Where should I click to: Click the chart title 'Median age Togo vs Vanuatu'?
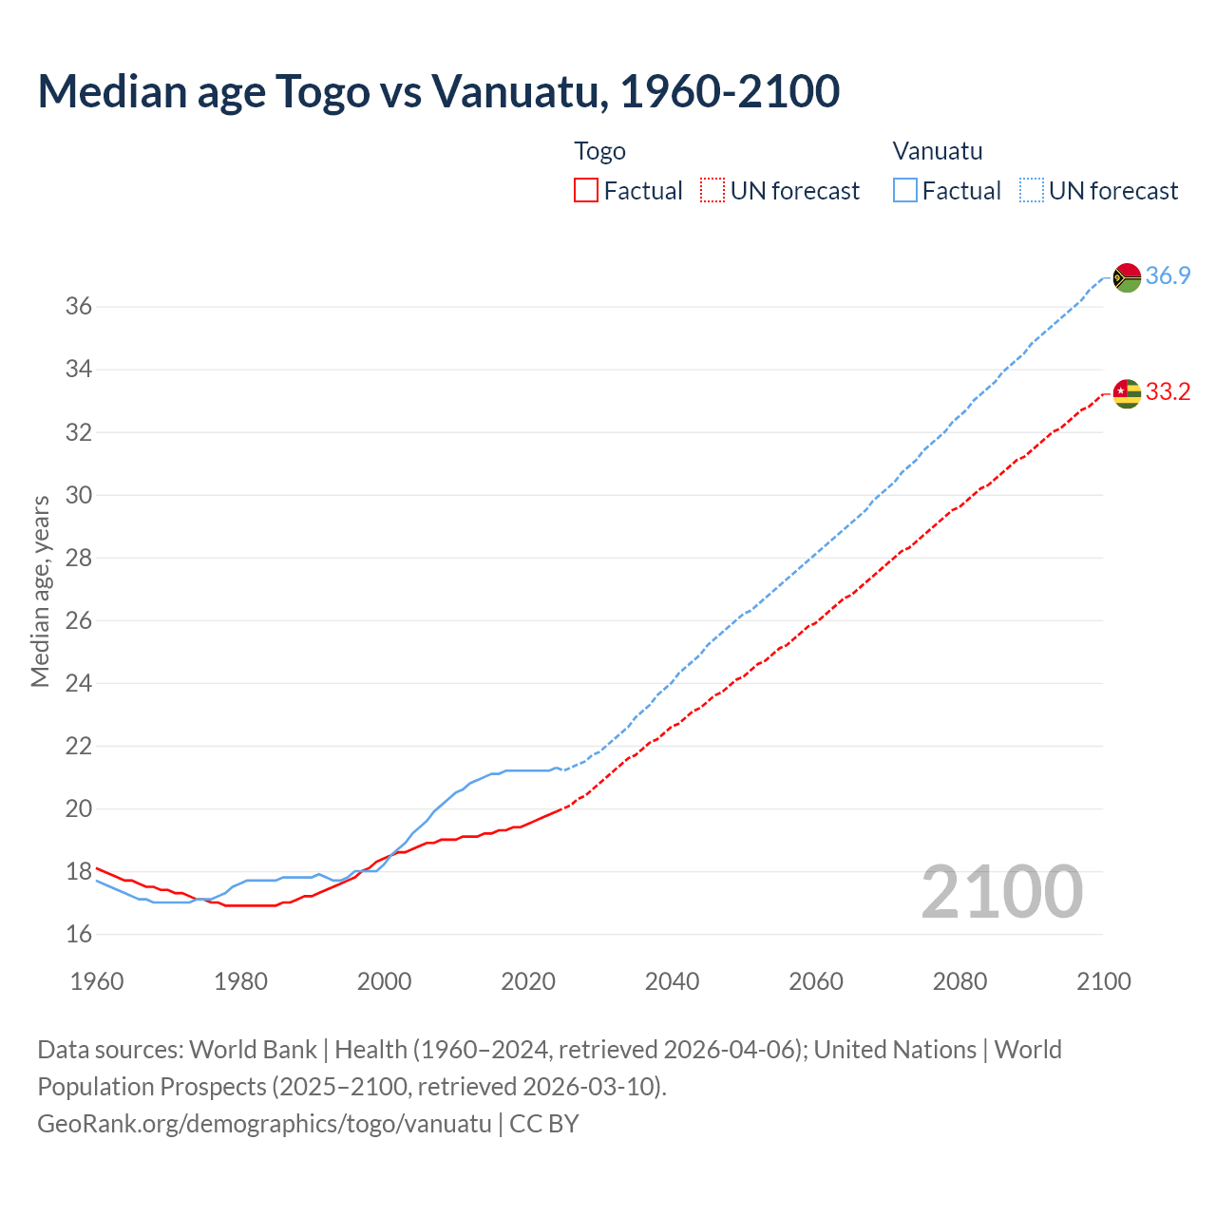click(438, 91)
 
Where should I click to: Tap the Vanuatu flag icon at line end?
click(1127, 277)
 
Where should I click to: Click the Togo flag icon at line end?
click(1127, 392)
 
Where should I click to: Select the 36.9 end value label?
click(1168, 276)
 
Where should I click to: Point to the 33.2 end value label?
click(1168, 392)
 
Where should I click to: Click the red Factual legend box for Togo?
click(586, 191)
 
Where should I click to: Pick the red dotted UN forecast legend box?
click(712, 191)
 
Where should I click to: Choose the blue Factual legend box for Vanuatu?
click(905, 191)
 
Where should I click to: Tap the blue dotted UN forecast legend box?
click(1032, 191)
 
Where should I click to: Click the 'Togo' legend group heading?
click(599, 151)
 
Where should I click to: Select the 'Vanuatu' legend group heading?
click(938, 151)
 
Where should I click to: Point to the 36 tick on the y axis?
click(78, 307)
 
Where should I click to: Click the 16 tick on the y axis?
click(78, 935)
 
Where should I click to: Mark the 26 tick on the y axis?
click(78, 621)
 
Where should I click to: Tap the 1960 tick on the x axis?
click(97, 981)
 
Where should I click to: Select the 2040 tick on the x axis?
click(672, 981)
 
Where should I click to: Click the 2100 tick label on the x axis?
click(1103, 981)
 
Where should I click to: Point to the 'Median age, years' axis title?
click(40, 591)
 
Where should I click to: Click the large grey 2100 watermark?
click(1001, 892)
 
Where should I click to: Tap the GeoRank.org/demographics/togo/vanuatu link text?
click(264, 1124)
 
